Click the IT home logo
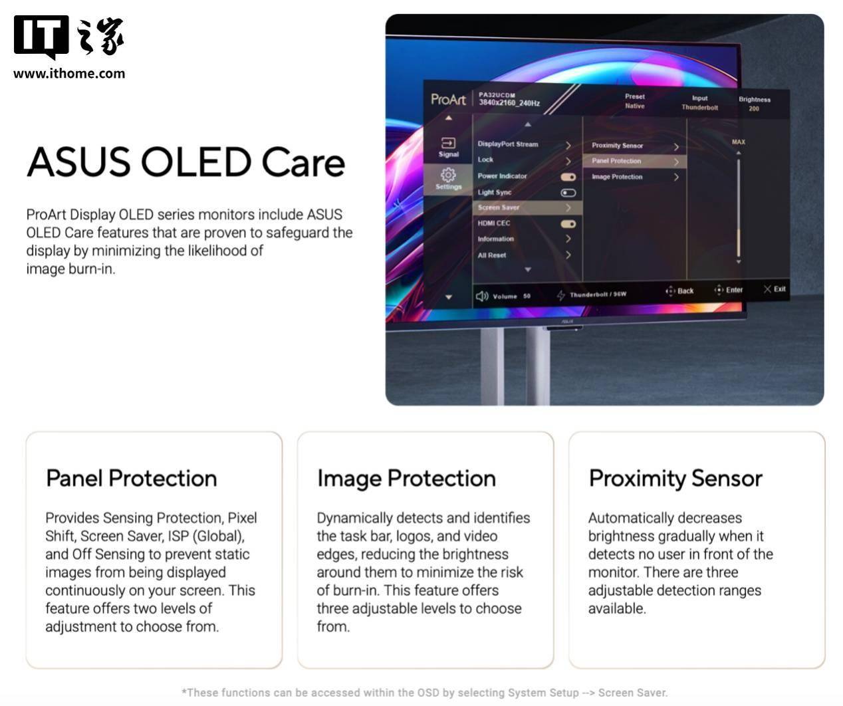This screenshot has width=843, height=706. coord(68,37)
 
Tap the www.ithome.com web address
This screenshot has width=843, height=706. coord(69,74)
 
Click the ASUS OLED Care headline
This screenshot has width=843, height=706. coord(185,162)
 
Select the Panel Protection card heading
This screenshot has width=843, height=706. coord(131,479)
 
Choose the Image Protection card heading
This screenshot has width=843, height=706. coord(406,479)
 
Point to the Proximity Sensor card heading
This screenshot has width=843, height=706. coord(675,479)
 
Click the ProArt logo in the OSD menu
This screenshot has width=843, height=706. coord(448,99)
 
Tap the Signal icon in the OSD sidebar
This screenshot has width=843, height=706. coord(448,143)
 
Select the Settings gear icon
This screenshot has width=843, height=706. coord(448,175)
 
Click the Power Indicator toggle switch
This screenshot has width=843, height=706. coord(568,177)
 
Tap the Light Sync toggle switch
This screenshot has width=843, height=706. coord(568,193)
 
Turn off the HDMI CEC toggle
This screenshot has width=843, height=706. coord(568,224)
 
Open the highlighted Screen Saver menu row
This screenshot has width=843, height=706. coord(527,207)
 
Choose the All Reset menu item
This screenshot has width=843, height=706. coord(492,255)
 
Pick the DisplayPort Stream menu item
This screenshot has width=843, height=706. coord(508,144)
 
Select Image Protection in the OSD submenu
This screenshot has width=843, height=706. coord(617,177)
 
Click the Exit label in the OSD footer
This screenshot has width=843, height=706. coord(779,289)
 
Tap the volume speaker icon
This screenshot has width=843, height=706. coord(482,296)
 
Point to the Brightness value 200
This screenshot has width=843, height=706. coord(754,108)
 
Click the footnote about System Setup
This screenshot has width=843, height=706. coord(424,693)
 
